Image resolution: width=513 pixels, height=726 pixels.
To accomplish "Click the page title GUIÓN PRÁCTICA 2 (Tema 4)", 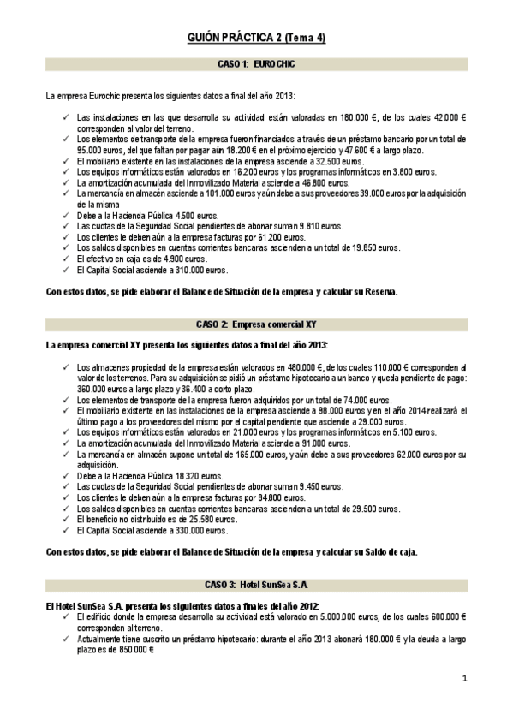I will click(x=256, y=38).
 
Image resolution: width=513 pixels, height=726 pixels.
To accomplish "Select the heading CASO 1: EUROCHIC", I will click(x=256, y=64).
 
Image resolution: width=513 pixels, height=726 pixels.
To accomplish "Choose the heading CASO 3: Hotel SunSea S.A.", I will click(x=256, y=585).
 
